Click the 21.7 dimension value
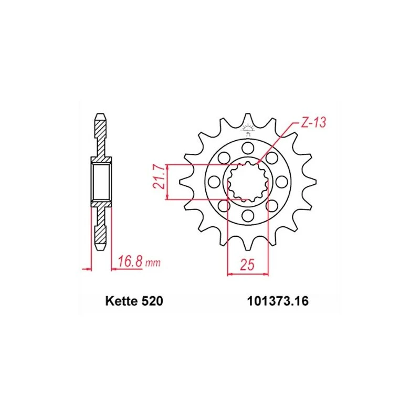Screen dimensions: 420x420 tap(160, 177)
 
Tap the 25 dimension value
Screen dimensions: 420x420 tap(247, 265)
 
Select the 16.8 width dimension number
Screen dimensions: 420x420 tap(130, 261)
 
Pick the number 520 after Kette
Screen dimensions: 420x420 tap(152, 301)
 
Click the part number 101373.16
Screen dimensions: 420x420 tap(278, 301)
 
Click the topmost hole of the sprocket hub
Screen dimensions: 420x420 tap(247, 148)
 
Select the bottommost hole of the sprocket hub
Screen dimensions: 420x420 tap(247, 215)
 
